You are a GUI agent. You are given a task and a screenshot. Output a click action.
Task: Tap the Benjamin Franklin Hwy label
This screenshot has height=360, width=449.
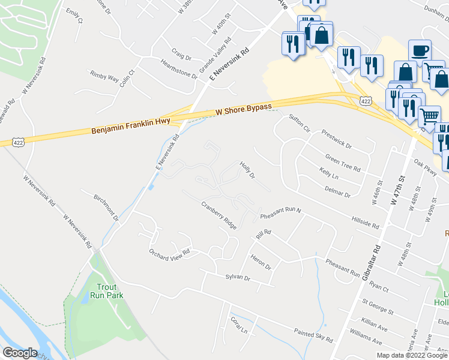[x=131, y=126]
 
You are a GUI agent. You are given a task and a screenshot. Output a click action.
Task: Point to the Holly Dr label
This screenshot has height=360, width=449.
[x=248, y=170]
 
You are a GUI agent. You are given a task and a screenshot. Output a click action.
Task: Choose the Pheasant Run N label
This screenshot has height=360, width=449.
[x=280, y=214]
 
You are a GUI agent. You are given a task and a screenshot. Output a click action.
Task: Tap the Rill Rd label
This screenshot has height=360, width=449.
[x=264, y=235]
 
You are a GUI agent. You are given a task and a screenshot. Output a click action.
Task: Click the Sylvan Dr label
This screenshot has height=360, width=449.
[x=237, y=277]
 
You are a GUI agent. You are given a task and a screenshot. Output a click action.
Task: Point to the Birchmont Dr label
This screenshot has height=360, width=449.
[x=107, y=207]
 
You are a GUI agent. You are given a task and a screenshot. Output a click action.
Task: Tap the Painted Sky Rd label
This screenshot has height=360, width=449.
[x=313, y=334]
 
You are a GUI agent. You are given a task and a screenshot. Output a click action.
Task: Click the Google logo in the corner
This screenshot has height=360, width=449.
[x=20, y=353]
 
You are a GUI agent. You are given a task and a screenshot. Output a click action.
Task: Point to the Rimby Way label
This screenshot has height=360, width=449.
[x=104, y=74]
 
